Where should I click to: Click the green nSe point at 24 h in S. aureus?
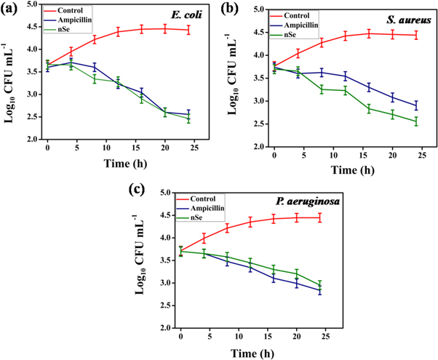(415, 121)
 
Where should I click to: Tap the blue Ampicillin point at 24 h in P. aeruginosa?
(320, 289)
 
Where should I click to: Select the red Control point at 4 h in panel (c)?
(204, 239)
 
